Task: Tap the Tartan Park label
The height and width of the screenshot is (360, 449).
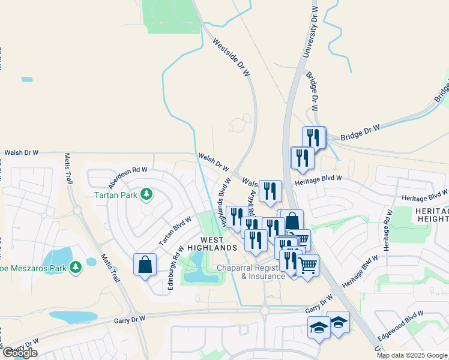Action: pyautogui.click(x=116, y=195)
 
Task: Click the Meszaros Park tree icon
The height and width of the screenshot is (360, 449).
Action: pyautogui.click(x=76, y=267)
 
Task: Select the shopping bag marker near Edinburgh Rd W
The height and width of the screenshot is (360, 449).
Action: pyautogui.click(x=145, y=265)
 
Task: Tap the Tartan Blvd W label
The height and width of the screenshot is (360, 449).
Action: pyautogui.click(x=175, y=230)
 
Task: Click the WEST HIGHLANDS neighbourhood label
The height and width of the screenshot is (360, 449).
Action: pyautogui.click(x=212, y=242)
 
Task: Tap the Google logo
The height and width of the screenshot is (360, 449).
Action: pyautogui.click(x=19, y=353)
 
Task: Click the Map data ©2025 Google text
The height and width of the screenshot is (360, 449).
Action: pyautogui.click(x=412, y=355)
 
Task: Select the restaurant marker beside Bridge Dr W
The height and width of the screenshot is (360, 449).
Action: pyautogui.click(x=314, y=137)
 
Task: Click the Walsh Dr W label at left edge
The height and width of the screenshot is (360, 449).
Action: pyautogui.click(x=21, y=153)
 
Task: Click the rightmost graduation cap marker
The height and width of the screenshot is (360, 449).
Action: pyautogui.click(x=339, y=323)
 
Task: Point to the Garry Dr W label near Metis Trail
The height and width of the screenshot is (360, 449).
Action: pyautogui.click(x=130, y=321)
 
